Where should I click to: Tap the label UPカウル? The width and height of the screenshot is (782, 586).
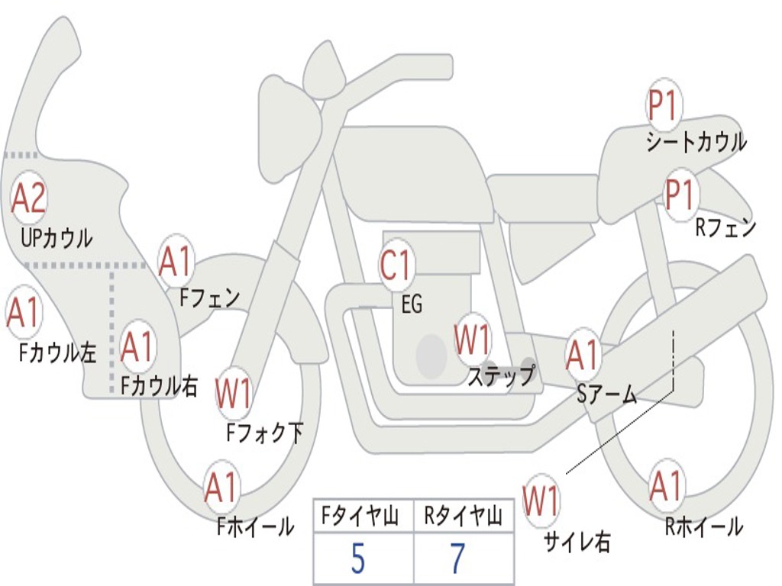click(x=57, y=238)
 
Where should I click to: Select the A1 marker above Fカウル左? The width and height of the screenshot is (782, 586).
click(x=23, y=314)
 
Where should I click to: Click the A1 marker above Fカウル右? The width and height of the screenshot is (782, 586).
click(x=137, y=347)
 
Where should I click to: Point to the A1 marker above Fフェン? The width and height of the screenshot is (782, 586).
click(x=176, y=262)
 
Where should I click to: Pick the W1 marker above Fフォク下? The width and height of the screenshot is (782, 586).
click(x=234, y=394)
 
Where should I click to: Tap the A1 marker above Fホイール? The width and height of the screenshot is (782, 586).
click(x=222, y=488)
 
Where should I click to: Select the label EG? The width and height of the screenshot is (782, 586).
click(x=412, y=304)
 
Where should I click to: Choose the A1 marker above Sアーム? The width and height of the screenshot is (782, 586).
click(x=583, y=355)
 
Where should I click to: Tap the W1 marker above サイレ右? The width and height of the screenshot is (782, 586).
click(x=541, y=501)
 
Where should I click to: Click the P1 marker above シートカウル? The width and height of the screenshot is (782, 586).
click(x=663, y=106)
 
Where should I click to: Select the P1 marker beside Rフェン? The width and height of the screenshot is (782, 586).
click(x=680, y=196)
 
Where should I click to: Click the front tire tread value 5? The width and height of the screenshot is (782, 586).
click(x=357, y=559)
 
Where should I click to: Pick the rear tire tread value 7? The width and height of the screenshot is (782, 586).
click(x=457, y=559)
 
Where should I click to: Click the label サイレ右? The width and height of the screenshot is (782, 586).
click(x=577, y=543)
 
